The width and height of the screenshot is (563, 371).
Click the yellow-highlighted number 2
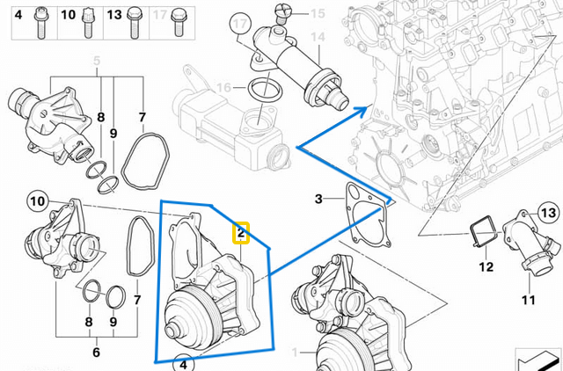tap(241, 233)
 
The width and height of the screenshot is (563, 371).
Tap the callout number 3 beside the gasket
tap(318, 200)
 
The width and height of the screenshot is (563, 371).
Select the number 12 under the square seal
tap(486, 266)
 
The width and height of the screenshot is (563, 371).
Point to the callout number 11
tap(528, 300)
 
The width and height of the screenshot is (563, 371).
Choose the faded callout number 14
tap(318, 38)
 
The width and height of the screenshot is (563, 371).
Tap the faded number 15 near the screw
tap(318, 13)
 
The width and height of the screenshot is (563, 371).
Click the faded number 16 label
tap(224, 88)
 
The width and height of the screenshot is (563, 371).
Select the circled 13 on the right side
tap(549, 214)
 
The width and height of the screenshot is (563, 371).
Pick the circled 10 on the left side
tap(36, 201)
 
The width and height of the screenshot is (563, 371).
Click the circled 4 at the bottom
tap(182, 363)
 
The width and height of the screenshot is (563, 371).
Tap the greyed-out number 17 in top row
tap(159, 16)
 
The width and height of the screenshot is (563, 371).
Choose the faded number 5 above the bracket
tap(97, 58)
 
